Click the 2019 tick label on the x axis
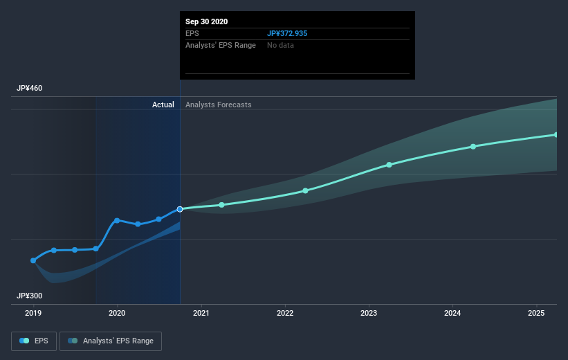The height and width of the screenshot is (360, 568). click(x=33, y=314)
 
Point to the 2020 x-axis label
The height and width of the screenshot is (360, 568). click(x=117, y=314)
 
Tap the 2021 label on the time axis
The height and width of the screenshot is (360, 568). click(x=201, y=314)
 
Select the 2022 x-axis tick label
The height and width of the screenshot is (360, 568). click(x=285, y=314)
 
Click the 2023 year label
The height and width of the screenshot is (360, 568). click(x=369, y=314)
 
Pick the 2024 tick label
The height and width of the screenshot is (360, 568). click(x=452, y=314)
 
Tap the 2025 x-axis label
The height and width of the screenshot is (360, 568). click(x=536, y=314)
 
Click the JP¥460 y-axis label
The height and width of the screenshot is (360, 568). click(x=30, y=89)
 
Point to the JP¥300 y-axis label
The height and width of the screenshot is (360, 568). click(x=30, y=296)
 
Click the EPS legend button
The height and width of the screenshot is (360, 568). click(x=34, y=341)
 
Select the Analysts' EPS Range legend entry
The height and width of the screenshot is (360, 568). click(x=111, y=341)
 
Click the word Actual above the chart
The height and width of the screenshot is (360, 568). click(x=163, y=105)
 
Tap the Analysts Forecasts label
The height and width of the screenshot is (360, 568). click(x=219, y=105)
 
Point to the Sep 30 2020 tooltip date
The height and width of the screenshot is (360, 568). click(x=207, y=21)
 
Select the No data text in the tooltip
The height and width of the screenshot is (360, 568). click(x=280, y=45)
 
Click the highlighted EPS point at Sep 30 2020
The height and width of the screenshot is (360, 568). click(x=180, y=208)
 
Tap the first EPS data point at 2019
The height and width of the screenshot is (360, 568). click(x=33, y=260)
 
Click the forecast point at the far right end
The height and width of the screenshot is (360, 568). click(x=556, y=134)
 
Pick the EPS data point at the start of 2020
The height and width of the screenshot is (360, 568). click(x=117, y=220)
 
